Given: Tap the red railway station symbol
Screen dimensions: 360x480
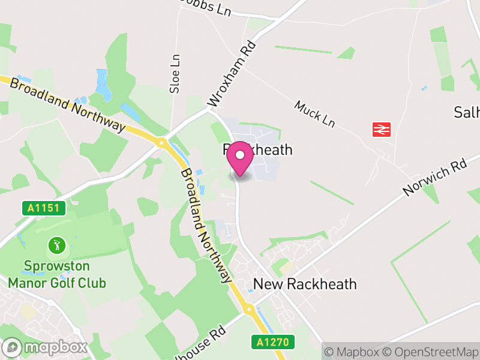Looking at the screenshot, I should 382,129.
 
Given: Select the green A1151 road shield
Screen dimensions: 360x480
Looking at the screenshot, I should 44,208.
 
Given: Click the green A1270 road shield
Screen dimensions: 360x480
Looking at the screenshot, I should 273,342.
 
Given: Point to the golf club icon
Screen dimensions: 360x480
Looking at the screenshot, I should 57,245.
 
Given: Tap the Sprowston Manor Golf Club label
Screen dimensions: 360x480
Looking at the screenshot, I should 57,274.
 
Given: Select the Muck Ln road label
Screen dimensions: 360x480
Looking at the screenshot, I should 314,113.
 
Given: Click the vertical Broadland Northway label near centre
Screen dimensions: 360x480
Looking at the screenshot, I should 205,225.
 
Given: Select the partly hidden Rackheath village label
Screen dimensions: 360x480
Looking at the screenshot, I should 258,149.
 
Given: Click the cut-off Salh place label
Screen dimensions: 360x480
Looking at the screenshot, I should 467,112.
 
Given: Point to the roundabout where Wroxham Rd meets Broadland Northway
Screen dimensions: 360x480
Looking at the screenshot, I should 161,143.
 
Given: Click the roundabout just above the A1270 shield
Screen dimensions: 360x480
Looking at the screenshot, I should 248,310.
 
